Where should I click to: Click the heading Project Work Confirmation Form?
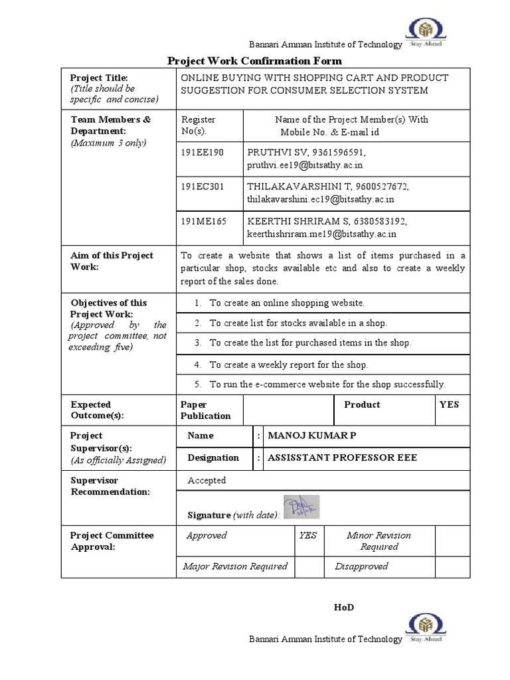254,61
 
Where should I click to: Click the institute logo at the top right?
427,34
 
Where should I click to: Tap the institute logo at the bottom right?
427,628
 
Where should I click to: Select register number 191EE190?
203,153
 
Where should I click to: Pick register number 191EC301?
203,187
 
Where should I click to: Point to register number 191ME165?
203,221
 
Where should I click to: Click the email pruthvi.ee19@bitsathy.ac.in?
305,165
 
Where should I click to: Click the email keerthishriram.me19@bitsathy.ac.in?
321,233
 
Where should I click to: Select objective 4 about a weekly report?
288,365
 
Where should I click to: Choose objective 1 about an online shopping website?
287,303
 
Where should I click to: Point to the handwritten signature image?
301,507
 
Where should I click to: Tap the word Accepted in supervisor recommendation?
207,480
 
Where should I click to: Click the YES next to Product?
449,404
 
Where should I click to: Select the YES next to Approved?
307,535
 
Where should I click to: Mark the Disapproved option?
361,566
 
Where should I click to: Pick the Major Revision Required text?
235,566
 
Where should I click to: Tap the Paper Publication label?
206,410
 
